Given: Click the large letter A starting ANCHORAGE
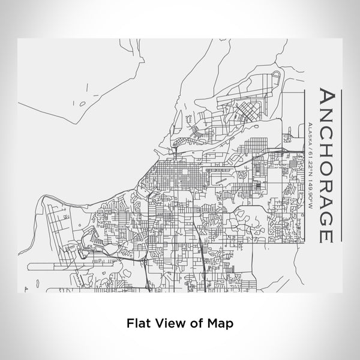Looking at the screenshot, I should tap(325, 98).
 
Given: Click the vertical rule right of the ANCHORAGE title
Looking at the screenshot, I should tap(341, 162).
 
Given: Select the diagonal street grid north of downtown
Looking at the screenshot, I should tap(237, 111).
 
